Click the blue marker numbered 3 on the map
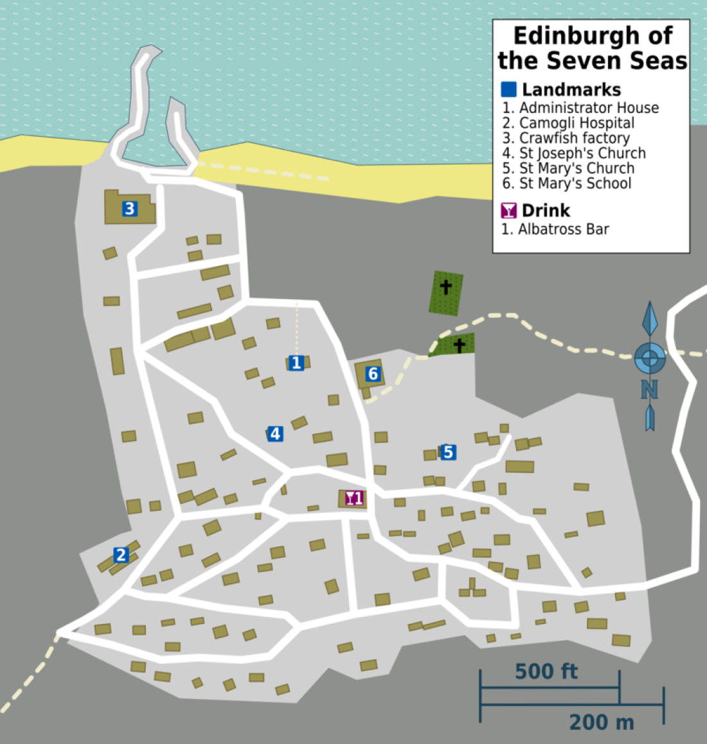130,209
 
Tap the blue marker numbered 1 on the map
296,363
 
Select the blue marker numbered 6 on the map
373,374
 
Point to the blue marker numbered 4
275,434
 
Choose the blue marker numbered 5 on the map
448,452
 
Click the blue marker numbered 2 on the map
121,555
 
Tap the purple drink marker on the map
353,498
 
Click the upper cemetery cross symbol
445,286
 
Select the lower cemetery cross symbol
459,345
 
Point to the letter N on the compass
649,390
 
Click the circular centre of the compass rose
649,357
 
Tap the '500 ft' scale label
546,671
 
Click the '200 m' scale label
602,722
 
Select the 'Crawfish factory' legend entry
574,138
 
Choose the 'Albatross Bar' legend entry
563,229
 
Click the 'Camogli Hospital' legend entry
577,123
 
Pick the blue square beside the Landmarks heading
509,89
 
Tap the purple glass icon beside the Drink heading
509,211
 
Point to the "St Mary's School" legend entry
575,184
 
